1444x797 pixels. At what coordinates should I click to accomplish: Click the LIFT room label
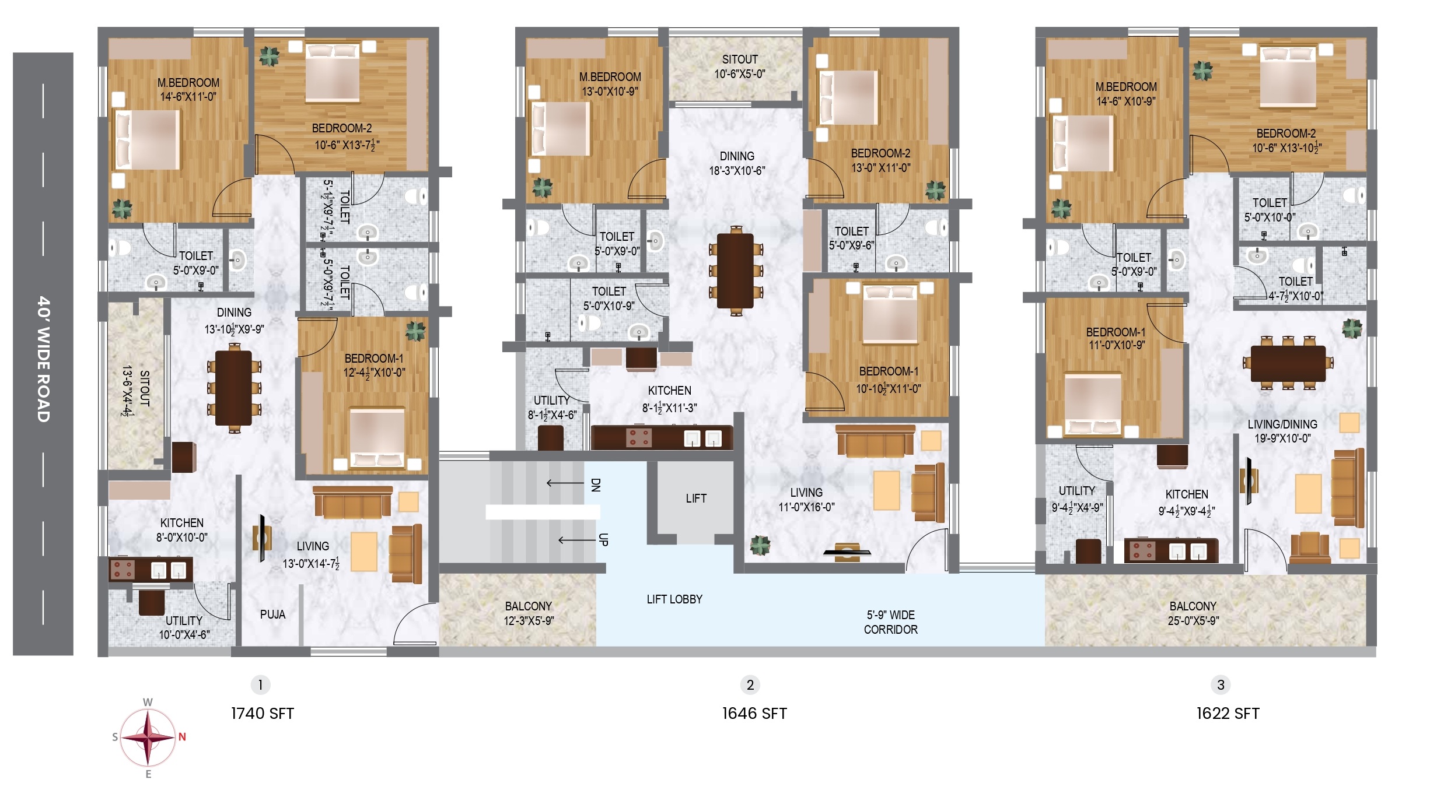point(696,498)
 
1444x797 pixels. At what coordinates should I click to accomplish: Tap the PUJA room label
point(272,615)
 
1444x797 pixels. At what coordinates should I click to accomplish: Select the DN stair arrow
point(565,483)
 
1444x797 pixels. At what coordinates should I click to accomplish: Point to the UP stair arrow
point(577,540)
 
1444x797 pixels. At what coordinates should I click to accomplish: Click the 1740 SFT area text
point(263,714)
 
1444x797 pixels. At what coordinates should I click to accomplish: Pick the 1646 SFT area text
point(754,714)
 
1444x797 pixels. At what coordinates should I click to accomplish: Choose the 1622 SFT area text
point(1228,714)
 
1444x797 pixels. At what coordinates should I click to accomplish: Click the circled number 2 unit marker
point(750,684)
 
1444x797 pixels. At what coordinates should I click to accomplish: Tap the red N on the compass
point(182,737)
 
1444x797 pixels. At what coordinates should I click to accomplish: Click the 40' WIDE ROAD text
point(44,359)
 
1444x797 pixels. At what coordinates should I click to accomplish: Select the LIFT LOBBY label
point(674,599)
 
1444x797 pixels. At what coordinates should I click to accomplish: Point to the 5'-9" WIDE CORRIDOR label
point(891,622)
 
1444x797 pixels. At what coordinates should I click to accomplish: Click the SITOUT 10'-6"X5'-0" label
point(740,66)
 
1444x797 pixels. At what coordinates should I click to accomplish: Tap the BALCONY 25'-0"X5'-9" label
point(1193,613)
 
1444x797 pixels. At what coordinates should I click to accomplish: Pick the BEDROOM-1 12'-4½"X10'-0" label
point(374,366)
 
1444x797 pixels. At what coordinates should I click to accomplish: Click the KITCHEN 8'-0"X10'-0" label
point(182,530)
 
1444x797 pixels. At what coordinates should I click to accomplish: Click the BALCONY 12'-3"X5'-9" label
point(529,613)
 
